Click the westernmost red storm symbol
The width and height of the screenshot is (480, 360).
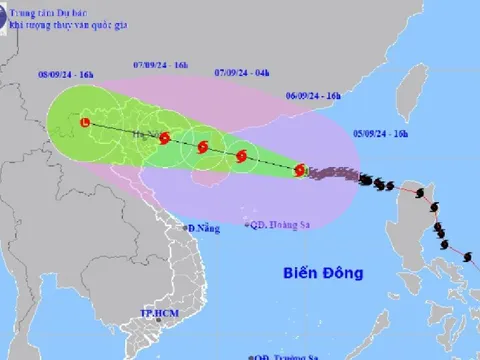click(85, 123)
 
